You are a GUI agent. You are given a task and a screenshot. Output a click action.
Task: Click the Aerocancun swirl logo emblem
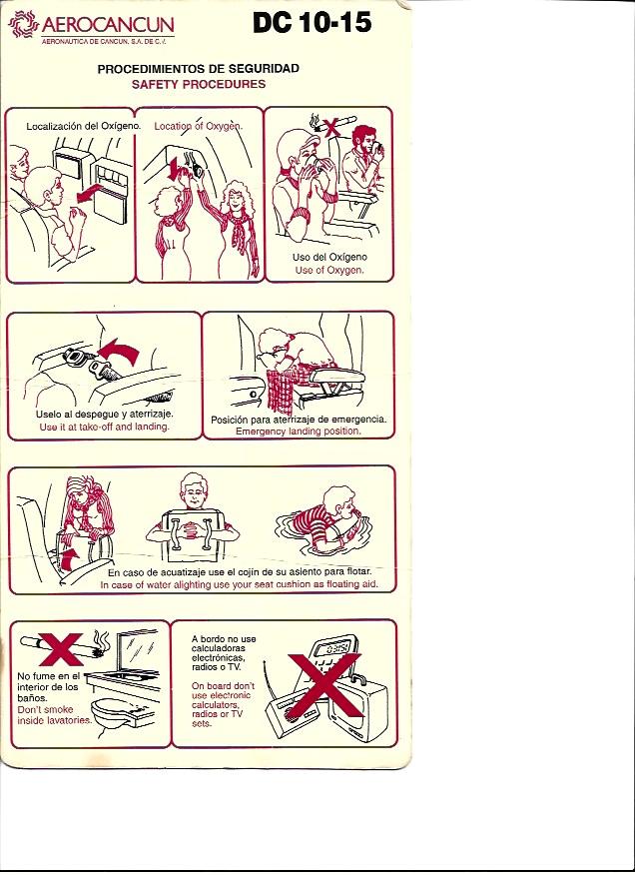23,24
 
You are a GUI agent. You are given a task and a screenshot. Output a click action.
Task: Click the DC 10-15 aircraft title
312,23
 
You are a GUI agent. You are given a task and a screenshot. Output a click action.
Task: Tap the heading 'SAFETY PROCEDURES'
199,84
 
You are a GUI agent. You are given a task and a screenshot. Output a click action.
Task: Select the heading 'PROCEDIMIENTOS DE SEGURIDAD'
198,69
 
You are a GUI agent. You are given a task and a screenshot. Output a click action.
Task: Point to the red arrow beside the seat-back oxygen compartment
93,193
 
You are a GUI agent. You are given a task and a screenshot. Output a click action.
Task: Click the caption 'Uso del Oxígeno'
329,258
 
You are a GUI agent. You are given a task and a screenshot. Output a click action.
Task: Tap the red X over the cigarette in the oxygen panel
331,126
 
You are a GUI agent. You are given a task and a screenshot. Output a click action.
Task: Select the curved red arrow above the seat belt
120,352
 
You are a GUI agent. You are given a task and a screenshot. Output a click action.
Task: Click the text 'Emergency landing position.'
298,432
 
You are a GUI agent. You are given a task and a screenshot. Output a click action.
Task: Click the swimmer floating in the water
323,520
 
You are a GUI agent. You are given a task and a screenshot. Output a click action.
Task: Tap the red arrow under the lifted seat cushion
69,559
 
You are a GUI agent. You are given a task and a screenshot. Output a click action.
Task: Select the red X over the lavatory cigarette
61,649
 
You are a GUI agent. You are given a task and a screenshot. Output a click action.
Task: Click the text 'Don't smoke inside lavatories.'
54,715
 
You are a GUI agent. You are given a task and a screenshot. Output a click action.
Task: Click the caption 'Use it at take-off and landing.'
105,427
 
